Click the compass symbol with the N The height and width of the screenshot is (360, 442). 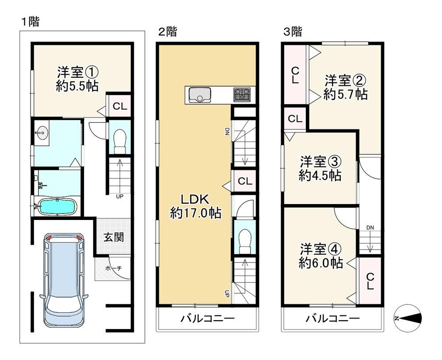click(408, 318)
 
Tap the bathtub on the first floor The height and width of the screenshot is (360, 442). click(57, 207)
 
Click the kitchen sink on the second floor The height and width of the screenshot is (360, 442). click(200, 95)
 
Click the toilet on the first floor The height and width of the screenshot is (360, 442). click(119, 141)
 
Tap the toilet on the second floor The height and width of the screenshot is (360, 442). click(245, 242)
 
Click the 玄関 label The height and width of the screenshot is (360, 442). click(113, 237)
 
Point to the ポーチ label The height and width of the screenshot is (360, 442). click(113, 268)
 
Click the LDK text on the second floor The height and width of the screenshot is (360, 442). click(194, 200)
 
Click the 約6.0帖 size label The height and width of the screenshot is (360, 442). click(321, 263)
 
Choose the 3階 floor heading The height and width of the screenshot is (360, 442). click(292, 31)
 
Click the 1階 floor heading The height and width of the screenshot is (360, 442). click(30, 22)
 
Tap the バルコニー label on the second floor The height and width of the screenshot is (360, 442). click(207, 319)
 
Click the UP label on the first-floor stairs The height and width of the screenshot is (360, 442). click(119, 196)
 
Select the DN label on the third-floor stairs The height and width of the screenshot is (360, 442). click(370, 227)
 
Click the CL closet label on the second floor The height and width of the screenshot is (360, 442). click(245, 181)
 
